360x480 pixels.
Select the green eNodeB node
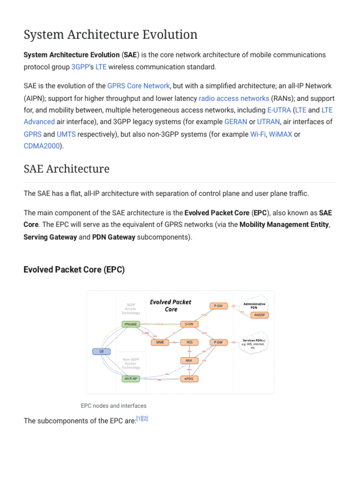point(130,324)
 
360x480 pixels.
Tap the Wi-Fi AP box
point(130,378)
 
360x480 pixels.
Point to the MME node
point(160,342)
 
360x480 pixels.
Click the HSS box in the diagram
point(189,342)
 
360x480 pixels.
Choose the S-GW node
point(189,324)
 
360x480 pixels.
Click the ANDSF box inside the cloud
point(259,315)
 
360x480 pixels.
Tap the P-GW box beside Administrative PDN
point(218,306)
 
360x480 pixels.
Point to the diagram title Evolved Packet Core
point(171,306)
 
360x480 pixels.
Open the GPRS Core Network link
point(138,86)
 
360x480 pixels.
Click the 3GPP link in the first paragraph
point(80,67)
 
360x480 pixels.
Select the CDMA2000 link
point(42,146)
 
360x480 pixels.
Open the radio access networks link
point(234,98)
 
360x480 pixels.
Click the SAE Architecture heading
point(67,169)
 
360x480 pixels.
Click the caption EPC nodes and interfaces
point(113,405)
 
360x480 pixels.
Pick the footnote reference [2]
point(145,418)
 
